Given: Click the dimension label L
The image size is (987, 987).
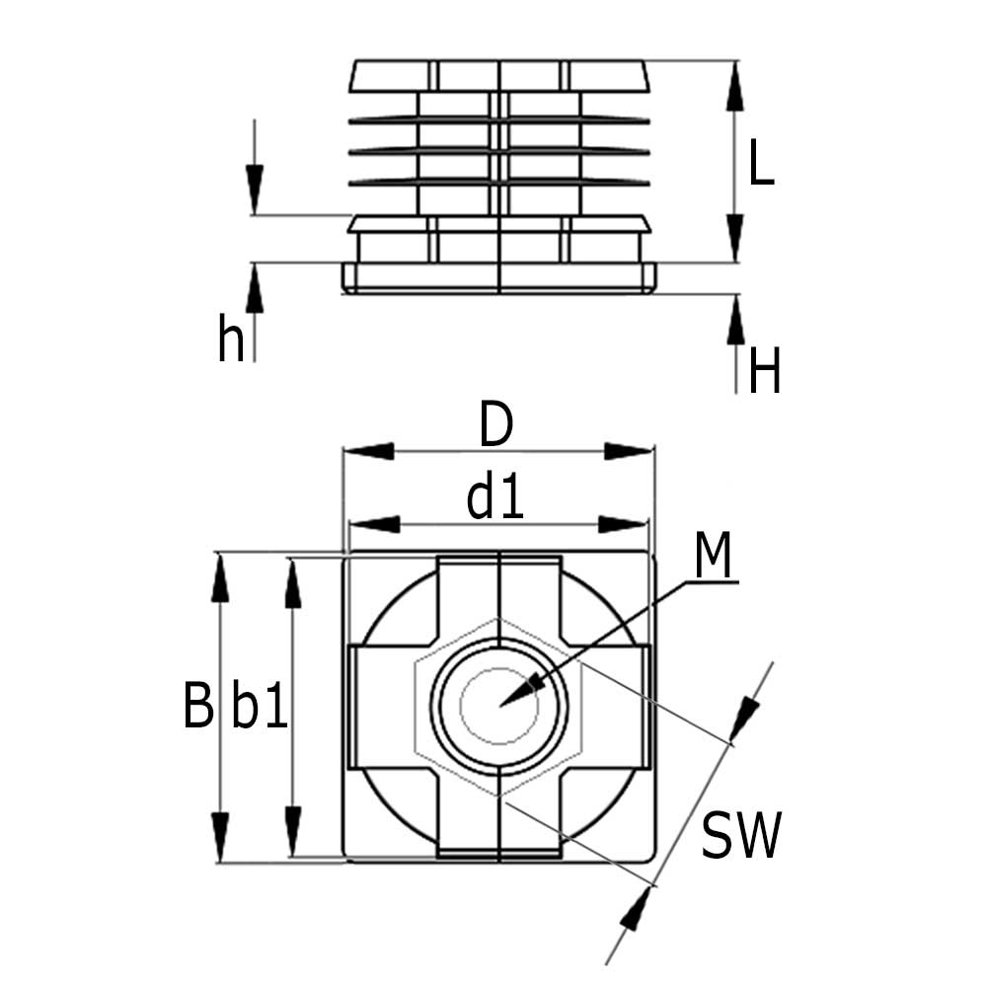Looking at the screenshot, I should (761, 163).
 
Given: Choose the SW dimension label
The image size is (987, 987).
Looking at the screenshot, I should (740, 836).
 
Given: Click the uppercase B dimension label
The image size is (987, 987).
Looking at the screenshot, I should (198, 707).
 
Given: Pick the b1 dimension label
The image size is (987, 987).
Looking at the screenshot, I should (259, 708).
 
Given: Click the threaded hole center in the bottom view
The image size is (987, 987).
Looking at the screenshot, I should (501, 705).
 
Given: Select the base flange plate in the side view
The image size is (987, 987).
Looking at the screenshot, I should (498, 277).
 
